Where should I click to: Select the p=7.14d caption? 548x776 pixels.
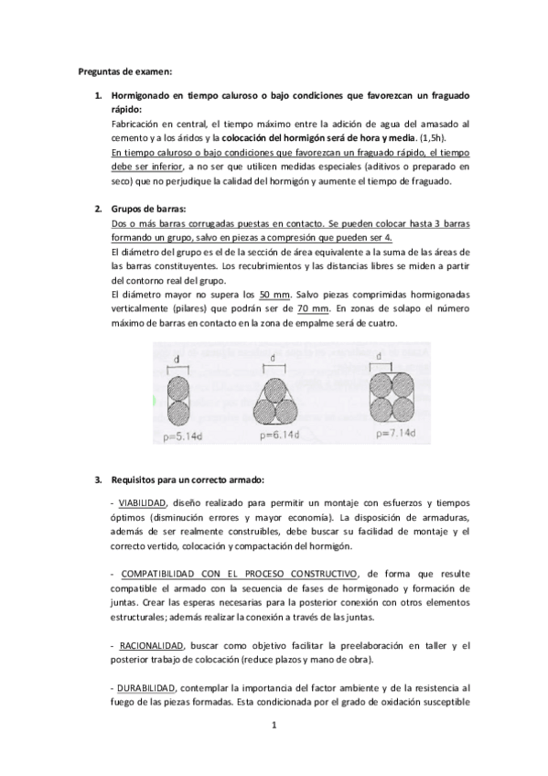(x=393, y=434)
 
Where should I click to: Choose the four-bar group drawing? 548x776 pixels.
(x=391, y=396)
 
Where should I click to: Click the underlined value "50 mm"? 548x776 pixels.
(x=274, y=295)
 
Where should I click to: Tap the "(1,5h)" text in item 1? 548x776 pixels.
(x=406, y=137)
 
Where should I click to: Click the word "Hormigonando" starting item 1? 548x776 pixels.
(x=145, y=95)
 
